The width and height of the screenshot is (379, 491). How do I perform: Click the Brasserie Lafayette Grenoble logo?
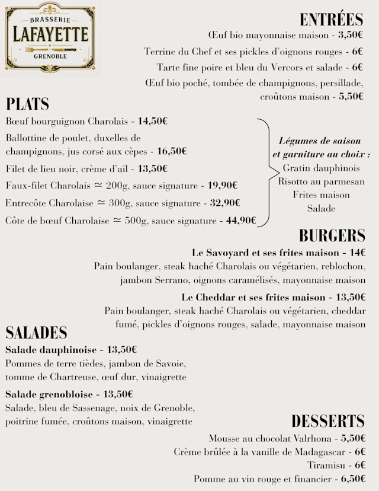(50, 37)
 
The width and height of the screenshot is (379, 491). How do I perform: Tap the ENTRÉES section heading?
(331, 19)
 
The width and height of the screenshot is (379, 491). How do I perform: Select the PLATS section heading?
(27, 104)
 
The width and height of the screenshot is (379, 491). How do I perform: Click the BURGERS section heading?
(332, 235)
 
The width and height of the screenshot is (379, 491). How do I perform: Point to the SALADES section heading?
(36, 332)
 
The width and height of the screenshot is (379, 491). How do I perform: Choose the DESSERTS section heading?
(327, 421)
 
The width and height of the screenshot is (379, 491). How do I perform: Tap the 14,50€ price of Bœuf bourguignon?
(153, 122)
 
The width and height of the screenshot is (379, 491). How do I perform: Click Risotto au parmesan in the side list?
(321, 181)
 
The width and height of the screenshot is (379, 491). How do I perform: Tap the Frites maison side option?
(321, 195)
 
